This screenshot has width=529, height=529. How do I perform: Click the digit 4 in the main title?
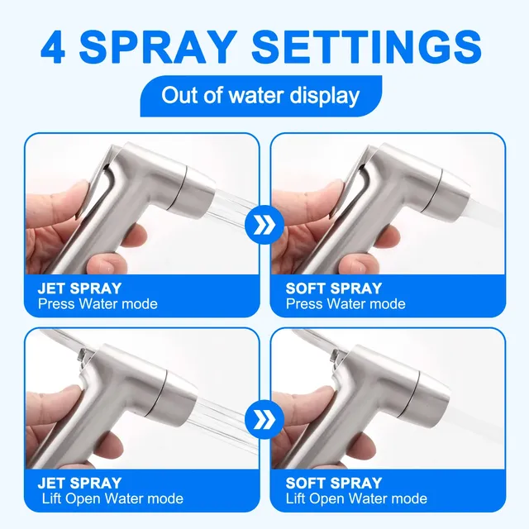pyautogui.click(x=53, y=47)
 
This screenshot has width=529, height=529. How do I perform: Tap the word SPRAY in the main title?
pyautogui.click(x=158, y=46)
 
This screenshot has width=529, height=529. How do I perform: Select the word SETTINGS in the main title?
pyautogui.click(x=367, y=46)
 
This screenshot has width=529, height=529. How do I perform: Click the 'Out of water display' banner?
pyautogui.click(x=261, y=96)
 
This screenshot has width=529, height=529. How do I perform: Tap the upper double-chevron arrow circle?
pyautogui.click(x=264, y=225)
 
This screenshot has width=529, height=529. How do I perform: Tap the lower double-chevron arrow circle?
pyautogui.click(x=264, y=420)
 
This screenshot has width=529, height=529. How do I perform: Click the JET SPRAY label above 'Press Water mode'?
pyautogui.click(x=79, y=288)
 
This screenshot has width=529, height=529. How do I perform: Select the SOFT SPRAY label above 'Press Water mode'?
pyautogui.click(x=334, y=288)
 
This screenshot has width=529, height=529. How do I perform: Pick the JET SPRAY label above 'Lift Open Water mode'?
pyautogui.click(x=79, y=483)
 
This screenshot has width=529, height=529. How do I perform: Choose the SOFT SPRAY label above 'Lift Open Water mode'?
pyautogui.click(x=334, y=483)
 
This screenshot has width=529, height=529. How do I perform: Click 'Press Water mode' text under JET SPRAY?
pyautogui.click(x=98, y=304)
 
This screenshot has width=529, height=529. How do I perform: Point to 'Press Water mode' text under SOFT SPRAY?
pyautogui.click(x=346, y=304)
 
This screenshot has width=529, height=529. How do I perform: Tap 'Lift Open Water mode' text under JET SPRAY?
pyautogui.click(x=112, y=498)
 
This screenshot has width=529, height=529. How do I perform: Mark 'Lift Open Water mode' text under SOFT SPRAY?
pyautogui.click(x=356, y=498)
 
